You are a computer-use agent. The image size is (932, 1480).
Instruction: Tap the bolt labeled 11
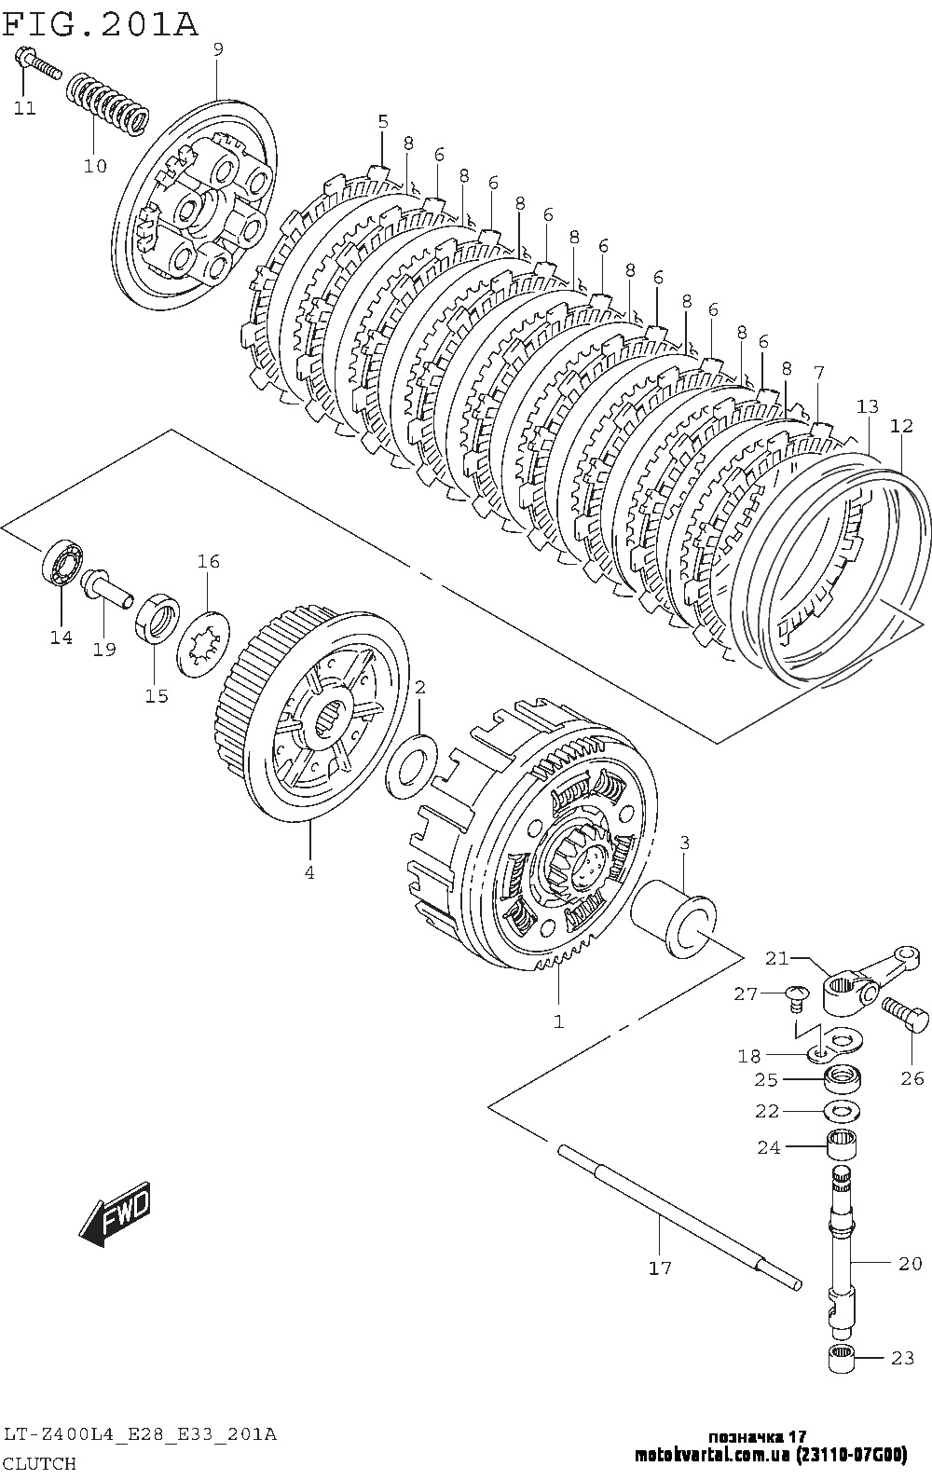[35, 63]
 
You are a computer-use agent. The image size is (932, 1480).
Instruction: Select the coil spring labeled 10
[107, 103]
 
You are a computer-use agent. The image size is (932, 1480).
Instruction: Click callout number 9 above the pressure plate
[218, 49]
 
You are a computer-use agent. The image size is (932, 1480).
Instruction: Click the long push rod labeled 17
[680, 1216]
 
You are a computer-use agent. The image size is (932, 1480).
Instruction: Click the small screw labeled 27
[794, 996]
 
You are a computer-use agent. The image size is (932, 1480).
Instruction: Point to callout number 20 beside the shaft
[910, 1263]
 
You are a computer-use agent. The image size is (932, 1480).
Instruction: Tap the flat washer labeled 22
[842, 1111]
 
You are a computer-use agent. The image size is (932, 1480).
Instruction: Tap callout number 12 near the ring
[900, 426]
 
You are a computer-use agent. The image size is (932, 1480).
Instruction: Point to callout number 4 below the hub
[308, 872]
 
